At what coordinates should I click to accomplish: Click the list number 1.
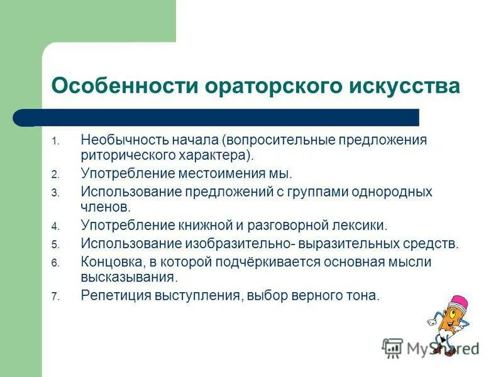[x=55, y=141]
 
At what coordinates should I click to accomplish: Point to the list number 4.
[x=55, y=227]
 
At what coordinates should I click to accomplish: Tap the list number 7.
[x=55, y=296]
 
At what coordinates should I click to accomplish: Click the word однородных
[x=392, y=191]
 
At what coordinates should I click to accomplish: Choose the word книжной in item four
[x=208, y=226]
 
